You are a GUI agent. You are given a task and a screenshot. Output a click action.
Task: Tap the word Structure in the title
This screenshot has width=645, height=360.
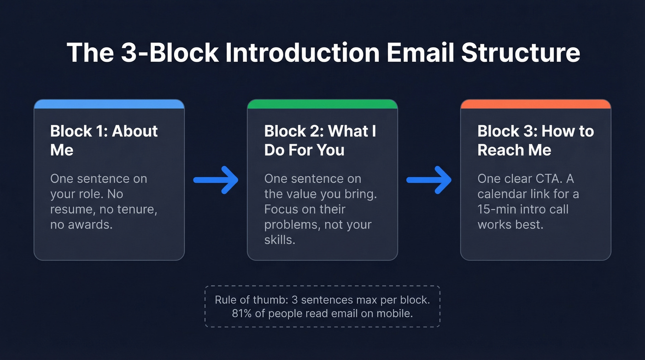(x=521, y=52)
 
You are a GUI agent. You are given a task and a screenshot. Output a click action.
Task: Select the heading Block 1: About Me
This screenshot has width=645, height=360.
(x=104, y=141)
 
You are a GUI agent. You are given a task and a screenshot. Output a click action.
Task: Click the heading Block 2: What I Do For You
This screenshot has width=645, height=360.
(x=320, y=141)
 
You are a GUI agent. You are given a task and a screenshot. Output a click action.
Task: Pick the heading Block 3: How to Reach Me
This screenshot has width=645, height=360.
(x=535, y=141)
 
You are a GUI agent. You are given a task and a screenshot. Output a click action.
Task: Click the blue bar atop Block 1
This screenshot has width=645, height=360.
(x=109, y=104)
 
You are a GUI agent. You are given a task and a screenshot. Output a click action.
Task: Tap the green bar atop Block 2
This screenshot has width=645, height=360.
(x=322, y=104)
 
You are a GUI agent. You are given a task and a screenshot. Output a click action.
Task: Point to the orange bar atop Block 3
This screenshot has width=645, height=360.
(x=536, y=104)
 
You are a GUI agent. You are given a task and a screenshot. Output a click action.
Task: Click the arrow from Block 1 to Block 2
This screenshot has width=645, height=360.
(x=216, y=180)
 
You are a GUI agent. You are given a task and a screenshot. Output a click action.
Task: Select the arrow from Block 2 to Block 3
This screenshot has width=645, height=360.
(x=429, y=180)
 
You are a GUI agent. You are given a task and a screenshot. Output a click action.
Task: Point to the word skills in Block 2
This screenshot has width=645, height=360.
(x=279, y=240)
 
